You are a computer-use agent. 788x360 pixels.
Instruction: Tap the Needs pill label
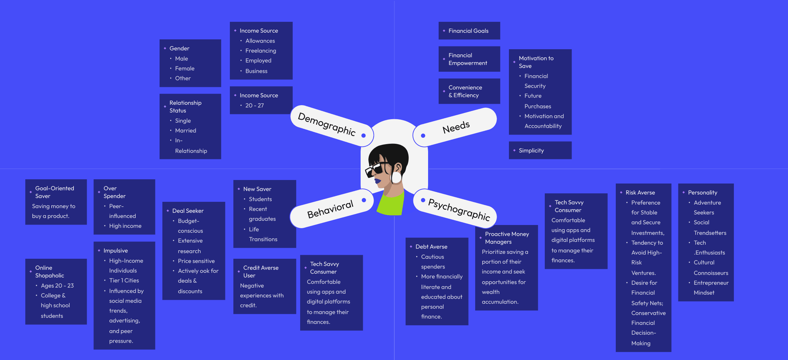click(456, 127)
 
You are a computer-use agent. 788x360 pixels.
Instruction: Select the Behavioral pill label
click(330, 209)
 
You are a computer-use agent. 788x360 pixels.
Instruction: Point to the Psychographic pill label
click(459, 209)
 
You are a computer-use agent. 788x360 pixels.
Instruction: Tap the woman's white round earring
click(396, 177)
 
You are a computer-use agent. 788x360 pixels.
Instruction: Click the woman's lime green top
click(391, 204)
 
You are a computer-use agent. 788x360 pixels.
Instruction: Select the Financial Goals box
click(469, 31)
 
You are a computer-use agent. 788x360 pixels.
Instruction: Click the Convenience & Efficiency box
click(469, 91)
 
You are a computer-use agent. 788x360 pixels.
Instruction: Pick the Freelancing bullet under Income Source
click(260, 51)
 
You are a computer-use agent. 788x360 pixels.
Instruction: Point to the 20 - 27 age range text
click(254, 105)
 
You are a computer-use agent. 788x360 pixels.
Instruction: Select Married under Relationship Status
click(186, 131)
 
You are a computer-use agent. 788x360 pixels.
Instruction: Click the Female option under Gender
click(185, 69)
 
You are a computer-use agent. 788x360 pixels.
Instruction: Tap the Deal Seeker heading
click(188, 211)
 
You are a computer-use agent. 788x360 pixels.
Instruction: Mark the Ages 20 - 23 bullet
click(57, 286)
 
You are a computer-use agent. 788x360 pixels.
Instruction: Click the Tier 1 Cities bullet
click(124, 281)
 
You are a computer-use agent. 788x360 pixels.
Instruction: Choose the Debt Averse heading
click(431, 247)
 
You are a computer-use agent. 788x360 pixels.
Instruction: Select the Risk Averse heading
click(640, 193)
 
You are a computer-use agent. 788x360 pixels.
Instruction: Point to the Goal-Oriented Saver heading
click(54, 192)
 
